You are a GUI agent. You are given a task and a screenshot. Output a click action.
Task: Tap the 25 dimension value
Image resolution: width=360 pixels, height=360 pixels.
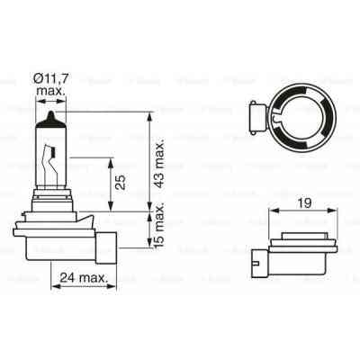[x=119, y=186]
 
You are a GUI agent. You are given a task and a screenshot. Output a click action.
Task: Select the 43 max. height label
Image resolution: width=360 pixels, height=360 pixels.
[x=159, y=175]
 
